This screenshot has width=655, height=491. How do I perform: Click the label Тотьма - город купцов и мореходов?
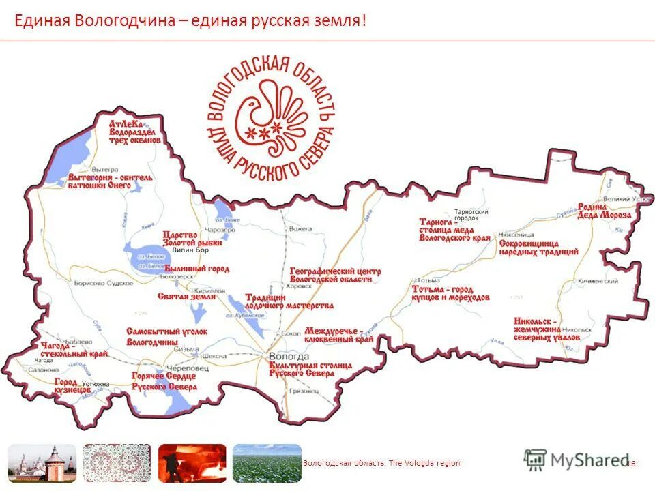click(450, 293)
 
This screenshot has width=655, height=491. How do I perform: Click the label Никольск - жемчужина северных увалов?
click(548, 329)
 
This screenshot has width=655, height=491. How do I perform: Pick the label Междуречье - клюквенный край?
click(338, 334)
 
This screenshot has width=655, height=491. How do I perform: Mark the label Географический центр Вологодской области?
click(335, 275)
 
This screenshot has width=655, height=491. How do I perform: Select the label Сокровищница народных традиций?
click(538, 247)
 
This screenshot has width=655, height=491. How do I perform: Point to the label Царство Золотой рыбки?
click(192, 238)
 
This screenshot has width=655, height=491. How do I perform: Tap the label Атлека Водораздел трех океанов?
click(135, 131)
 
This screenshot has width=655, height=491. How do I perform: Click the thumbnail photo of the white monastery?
click(41, 464)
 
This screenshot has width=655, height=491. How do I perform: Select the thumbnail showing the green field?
click(267, 464)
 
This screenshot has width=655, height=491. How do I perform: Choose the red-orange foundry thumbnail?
click(192, 464)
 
